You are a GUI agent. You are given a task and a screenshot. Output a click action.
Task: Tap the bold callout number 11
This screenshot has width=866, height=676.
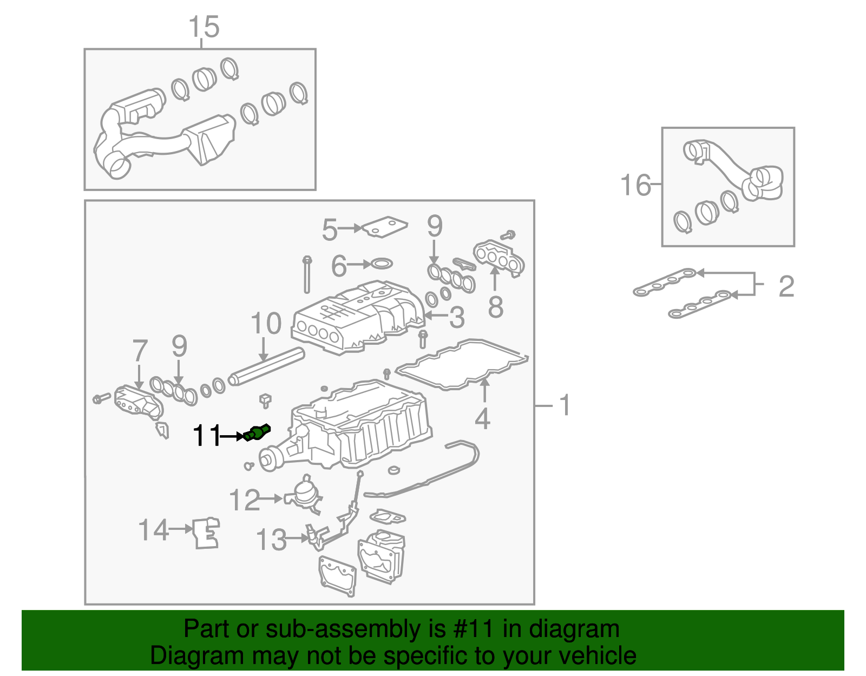207,436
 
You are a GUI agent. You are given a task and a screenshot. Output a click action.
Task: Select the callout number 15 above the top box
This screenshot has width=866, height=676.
204,27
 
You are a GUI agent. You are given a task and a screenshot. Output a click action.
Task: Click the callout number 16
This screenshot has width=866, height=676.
635,185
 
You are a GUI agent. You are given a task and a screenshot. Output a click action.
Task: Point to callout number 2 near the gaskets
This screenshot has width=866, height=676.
786,286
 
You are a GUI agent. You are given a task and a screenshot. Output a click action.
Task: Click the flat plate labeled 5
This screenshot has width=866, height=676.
385,226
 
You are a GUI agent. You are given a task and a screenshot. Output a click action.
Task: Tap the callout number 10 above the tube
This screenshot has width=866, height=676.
266,324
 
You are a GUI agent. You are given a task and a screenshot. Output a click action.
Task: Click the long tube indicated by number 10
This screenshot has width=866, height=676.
267,366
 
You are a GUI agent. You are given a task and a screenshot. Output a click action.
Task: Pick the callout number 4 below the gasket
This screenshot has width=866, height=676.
482,419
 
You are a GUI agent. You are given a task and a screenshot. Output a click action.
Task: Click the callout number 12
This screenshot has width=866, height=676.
245,500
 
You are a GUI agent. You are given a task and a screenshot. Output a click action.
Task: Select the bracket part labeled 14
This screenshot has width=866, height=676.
206,533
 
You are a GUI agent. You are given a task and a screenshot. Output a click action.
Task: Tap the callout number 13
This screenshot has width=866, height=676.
271,540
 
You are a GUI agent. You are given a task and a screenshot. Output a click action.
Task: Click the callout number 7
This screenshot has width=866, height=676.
140,351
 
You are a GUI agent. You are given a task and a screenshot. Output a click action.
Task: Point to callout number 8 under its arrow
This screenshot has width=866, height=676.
495,307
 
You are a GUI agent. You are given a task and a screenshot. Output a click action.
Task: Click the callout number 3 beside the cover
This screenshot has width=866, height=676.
457,317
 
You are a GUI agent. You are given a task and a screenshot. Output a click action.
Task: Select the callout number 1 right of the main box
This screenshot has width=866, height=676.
565,405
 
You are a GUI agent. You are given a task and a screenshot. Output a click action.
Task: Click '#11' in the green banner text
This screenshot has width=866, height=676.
470,629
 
